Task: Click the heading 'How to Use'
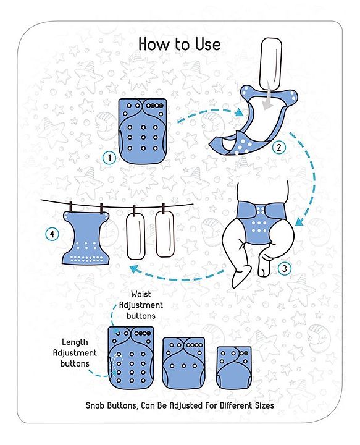[x=180, y=44]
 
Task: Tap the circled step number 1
[x=109, y=158]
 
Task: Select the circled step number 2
[x=278, y=147]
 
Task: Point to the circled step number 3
[x=285, y=268]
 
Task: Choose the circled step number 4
[x=52, y=234]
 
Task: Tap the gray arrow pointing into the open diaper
[x=267, y=100]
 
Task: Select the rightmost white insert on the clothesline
[x=165, y=235]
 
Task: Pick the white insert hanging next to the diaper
[x=135, y=236]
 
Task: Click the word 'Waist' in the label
[x=141, y=294]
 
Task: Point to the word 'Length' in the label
[x=75, y=342]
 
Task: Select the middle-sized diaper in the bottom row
[x=183, y=363]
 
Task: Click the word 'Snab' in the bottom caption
[x=95, y=405]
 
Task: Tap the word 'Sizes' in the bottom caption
[x=264, y=405]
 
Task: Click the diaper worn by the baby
[x=259, y=222]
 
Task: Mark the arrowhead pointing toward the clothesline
[x=135, y=269]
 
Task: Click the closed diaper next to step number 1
[x=143, y=131]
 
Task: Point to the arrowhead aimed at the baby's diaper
[x=299, y=221]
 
